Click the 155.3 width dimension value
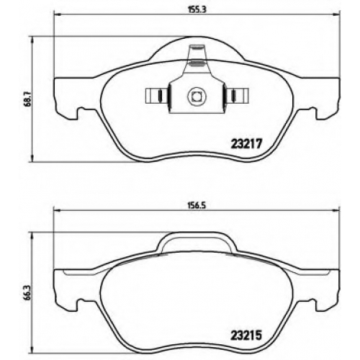coord(197,9)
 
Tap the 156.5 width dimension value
coord(197,205)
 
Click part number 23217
coord(246,144)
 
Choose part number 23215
coord(246,336)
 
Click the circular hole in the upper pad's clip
coord(197,96)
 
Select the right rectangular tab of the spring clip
coord(236,96)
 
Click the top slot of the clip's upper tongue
coord(197,48)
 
